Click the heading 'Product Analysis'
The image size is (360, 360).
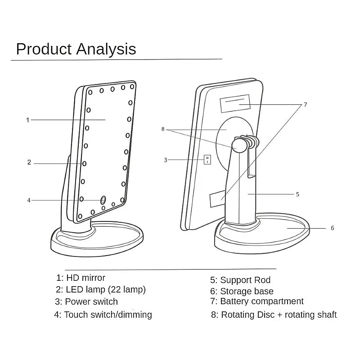tap(76, 49)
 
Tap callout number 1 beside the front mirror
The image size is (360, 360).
tap(27, 120)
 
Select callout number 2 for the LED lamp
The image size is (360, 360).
tap(29, 162)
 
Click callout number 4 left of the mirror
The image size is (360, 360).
tap(29, 200)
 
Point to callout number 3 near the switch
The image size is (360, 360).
tap(166, 160)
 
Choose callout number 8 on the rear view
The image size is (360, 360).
tap(163, 129)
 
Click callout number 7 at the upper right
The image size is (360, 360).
tap(305, 104)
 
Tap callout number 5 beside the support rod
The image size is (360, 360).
tap(297, 194)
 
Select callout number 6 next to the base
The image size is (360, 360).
tap(333, 228)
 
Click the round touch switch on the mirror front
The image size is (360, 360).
tap(103, 199)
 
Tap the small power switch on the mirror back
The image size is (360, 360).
tap(207, 159)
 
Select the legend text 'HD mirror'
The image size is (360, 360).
tap(85, 278)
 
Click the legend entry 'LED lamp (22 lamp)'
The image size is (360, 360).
tap(106, 290)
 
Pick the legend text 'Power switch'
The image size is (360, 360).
tap(91, 301)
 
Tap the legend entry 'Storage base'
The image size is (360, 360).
tap(247, 292)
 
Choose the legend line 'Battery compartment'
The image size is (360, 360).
tap(262, 301)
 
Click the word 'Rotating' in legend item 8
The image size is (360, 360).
tap(238, 315)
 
